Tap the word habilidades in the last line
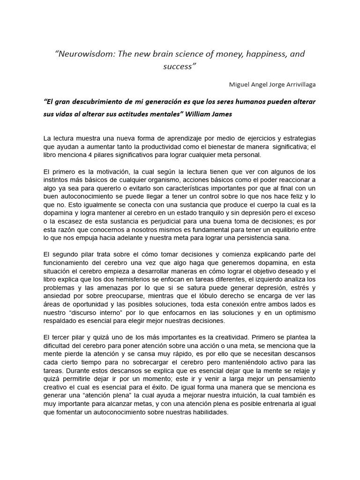(x=208, y=412)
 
